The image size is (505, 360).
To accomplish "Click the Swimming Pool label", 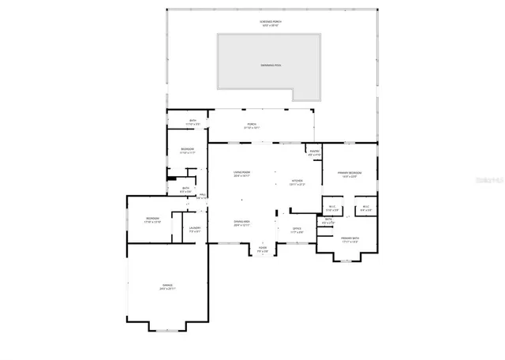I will (269, 64).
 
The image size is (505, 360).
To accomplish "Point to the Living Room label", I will (241, 174).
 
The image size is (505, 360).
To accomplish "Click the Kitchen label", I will (297, 182).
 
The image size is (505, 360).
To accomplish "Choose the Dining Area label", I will (241, 223).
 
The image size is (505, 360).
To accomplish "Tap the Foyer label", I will (263, 249).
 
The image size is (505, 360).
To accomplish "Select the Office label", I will (297, 231).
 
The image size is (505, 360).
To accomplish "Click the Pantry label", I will (314, 153).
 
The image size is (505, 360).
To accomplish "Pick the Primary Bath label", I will (350, 239).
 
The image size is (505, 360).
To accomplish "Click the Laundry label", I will (195, 230).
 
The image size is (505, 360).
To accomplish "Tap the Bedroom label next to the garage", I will (152, 220).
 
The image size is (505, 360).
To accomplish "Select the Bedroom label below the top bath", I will (187, 150).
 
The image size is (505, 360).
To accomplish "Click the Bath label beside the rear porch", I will (193, 122).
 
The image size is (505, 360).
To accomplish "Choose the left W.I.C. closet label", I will (331, 208).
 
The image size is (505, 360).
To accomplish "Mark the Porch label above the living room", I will (252, 126).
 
